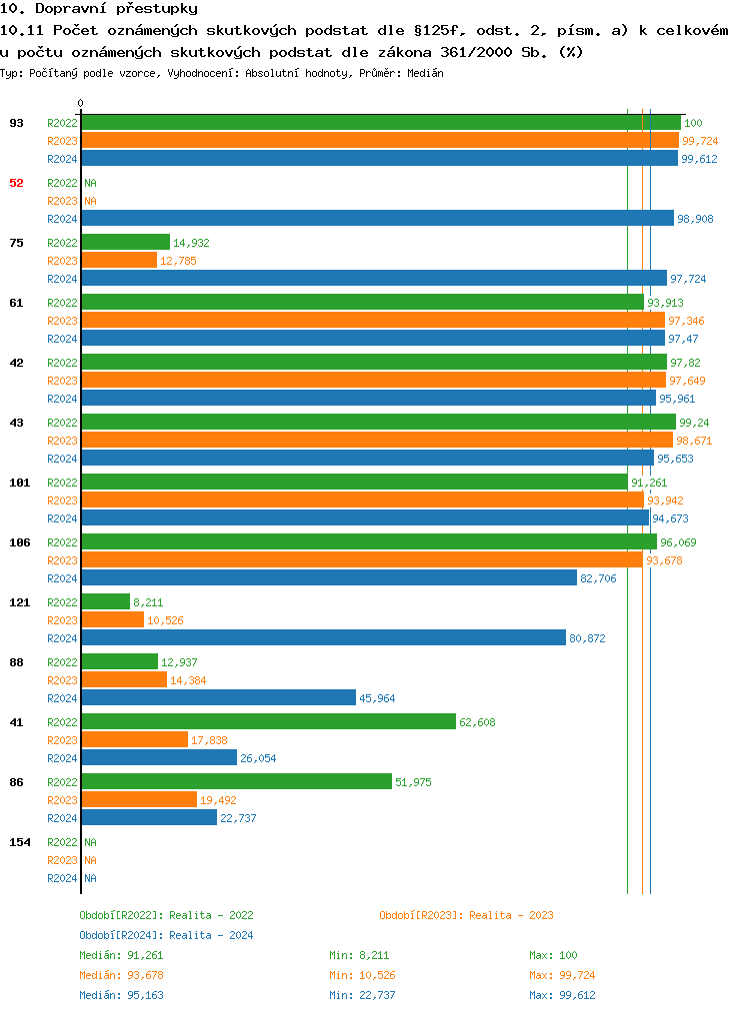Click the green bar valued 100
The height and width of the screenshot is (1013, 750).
(x=380, y=122)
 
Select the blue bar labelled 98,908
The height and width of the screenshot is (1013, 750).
(x=377, y=218)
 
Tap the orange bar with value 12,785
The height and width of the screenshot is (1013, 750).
(x=119, y=260)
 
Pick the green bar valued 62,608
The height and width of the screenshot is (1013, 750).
(x=268, y=721)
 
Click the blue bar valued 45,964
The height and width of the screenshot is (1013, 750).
(x=218, y=697)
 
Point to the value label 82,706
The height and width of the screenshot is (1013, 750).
(x=598, y=578)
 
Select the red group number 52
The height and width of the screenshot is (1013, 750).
(x=16, y=183)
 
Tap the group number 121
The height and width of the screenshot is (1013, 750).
(x=19, y=602)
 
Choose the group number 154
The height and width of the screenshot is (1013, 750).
(x=19, y=842)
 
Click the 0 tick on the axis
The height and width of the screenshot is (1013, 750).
(x=81, y=103)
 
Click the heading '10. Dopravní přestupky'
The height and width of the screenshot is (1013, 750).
(x=85, y=9)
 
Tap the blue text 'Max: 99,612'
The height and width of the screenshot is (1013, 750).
(x=562, y=995)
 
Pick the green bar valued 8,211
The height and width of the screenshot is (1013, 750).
(x=105, y=601)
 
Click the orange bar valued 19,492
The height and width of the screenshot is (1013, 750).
(x=139, y=799)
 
